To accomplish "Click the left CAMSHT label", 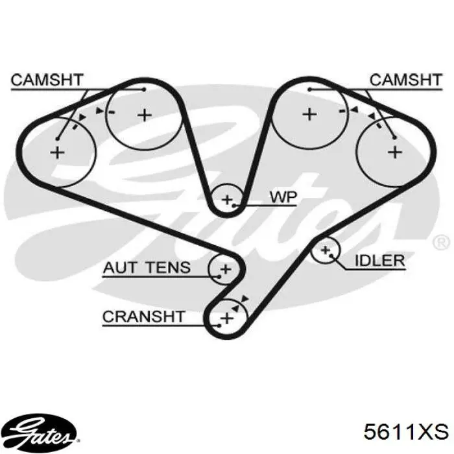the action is coord(47,80).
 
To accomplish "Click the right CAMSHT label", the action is coord(406,80).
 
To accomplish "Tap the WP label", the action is coord(283,197).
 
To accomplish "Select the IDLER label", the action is coord(379,261).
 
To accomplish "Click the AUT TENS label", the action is coord(147,267).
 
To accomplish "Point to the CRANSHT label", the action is coord(143,317).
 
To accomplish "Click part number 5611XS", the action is coord(406,432).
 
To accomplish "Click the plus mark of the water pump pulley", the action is coord(227,200).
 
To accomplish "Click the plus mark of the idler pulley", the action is coord(326,250).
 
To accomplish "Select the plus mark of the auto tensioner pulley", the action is coord(226,270).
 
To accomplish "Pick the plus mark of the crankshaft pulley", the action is coord(227,318).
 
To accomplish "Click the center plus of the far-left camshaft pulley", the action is coord(57,152).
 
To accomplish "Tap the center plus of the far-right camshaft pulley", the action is coord(395,152).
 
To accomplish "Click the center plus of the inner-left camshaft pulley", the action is coord(145,115).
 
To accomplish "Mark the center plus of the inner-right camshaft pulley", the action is coord(309,114).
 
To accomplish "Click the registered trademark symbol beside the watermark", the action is coord(441,243).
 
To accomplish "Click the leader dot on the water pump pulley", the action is coord(234,206).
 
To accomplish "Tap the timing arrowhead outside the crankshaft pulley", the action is coord(245,299).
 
